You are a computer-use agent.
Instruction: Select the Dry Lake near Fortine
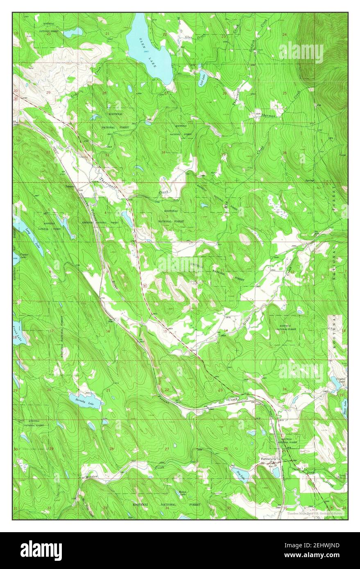[x=240, y=475]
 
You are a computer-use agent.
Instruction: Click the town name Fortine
[x=267, y=459]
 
